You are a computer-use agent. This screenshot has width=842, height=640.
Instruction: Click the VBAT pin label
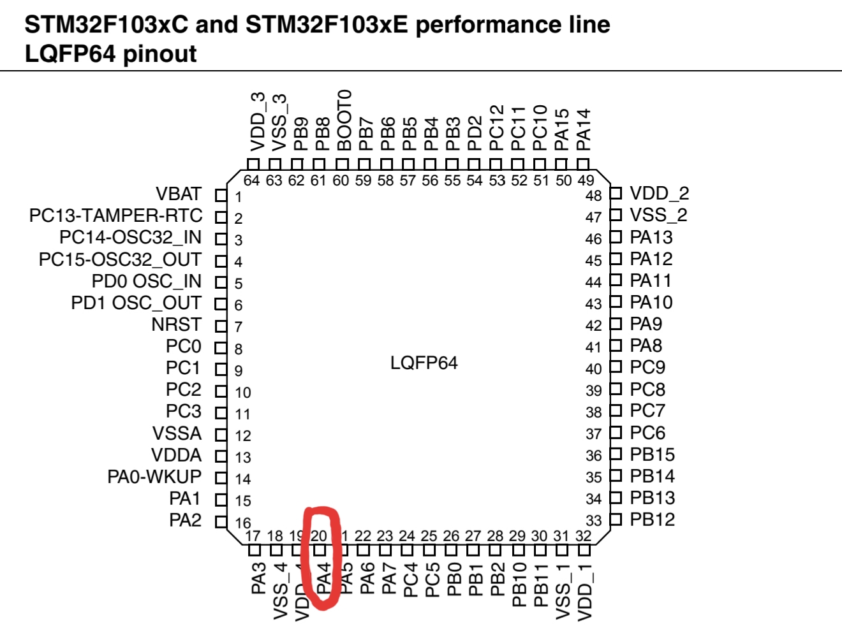point(179,194)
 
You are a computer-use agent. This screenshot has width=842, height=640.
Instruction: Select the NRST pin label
point(177,324)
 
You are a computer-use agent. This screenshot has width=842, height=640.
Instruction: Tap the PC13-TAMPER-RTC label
point(115,215)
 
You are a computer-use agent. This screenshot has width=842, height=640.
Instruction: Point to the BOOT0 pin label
point(344,120)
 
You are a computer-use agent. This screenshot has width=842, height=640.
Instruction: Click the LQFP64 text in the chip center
point(424,363)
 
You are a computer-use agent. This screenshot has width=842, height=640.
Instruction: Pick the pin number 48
point(594,196)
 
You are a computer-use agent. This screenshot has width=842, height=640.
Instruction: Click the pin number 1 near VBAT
point(239,197)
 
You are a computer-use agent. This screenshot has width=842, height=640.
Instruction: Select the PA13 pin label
point(651,237)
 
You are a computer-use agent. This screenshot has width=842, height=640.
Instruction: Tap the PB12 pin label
point(652,520)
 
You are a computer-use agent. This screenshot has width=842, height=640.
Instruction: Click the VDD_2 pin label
point(660,193)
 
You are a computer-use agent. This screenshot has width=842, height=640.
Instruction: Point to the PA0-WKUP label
point(154,477)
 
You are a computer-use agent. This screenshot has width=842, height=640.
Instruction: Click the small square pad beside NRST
point(221,326)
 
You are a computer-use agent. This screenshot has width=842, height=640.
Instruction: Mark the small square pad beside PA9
point(616,324)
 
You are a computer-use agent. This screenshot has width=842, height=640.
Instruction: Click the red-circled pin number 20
point(319,536)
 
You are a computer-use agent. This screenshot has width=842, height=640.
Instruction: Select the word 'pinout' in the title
point(159,54)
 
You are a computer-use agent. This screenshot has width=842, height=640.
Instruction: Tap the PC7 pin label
point(647,411)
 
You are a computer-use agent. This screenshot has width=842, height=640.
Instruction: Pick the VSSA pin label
point(177,433)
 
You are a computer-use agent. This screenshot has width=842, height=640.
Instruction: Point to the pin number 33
point(594,521)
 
